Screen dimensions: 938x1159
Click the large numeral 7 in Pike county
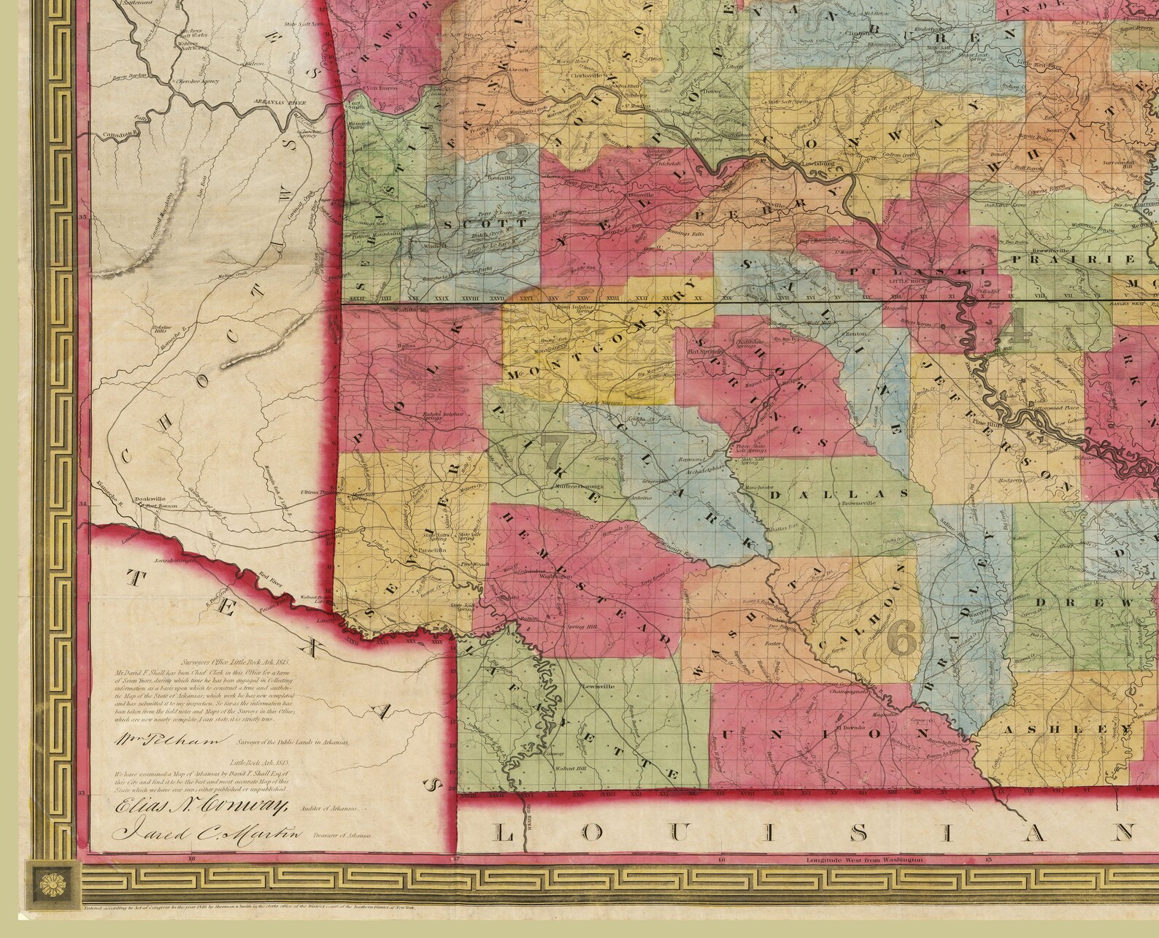coord(555,453)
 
